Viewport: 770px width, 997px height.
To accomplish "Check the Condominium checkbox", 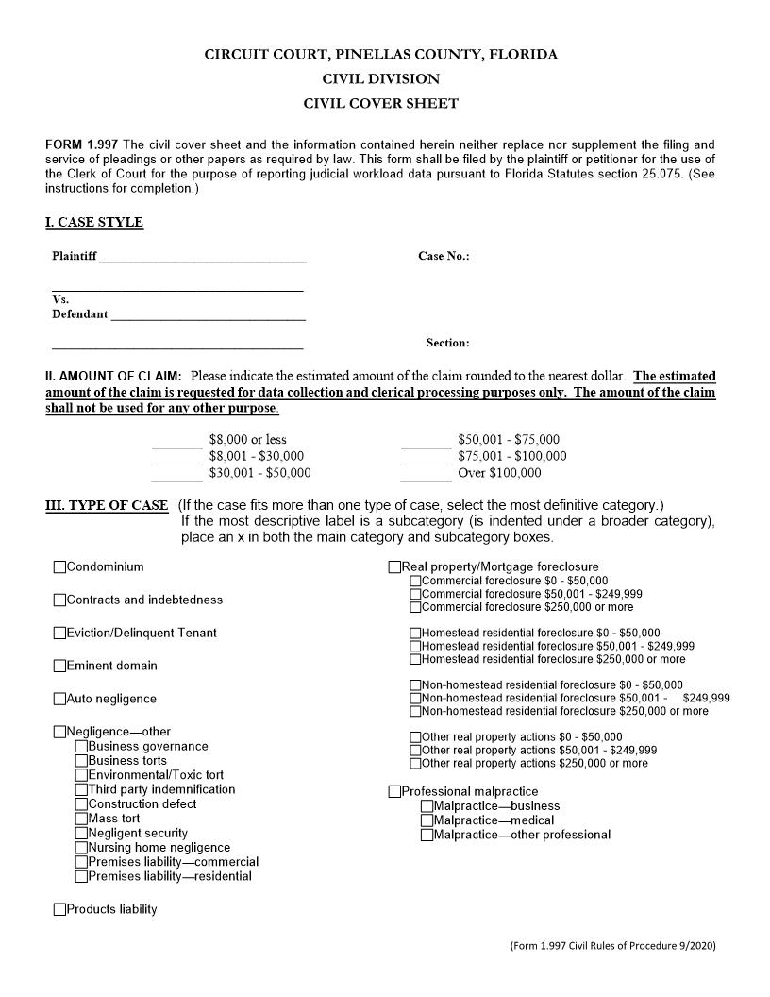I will click(60, 567).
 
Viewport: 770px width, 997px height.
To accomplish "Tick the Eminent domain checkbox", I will click(60, 667).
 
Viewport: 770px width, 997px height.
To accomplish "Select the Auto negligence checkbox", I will click(60, 700).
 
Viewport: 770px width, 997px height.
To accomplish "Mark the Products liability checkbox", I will click(60, 910).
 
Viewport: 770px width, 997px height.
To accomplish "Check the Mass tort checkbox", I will click(81, 820).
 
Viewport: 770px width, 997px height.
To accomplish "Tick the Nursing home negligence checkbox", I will click(81, 848).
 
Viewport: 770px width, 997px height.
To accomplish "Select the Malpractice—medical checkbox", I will click(427, 820).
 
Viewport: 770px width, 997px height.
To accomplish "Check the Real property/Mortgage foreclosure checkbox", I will click(394, 567).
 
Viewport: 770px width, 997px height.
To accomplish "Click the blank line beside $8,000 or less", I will click(177, 441).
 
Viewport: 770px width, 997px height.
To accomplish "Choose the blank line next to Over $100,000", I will click(426, 474).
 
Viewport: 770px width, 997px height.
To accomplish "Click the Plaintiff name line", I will click(202, 257).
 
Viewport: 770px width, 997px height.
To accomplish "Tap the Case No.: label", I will click(444, 257).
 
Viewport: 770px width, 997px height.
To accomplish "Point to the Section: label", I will click(447, 344).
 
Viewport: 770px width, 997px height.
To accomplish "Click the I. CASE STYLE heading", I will click(94, 223).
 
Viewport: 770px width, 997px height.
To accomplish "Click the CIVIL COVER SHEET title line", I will click(380, 104).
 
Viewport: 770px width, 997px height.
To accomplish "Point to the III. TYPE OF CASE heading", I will click(107, 505).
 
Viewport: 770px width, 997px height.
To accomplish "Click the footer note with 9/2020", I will click(619, 945).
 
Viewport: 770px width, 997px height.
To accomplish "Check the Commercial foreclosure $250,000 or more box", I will click(415, 607).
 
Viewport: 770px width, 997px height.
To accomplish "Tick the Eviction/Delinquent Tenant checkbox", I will click(60, 634).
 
